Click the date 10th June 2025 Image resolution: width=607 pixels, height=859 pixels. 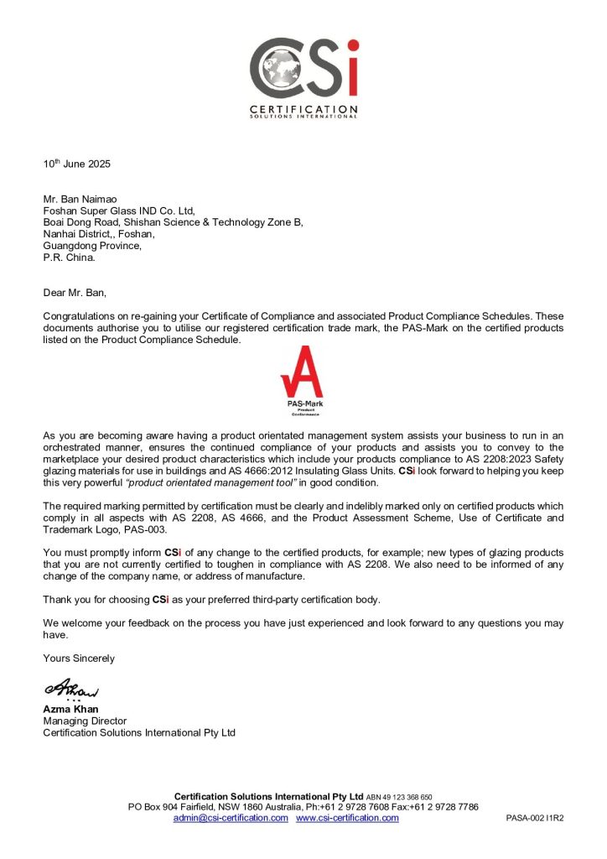[x=77, y=164]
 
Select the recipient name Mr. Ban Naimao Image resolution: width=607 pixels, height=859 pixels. [x=82, y=200]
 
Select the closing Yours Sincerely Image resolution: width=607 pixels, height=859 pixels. [x=79, y=659]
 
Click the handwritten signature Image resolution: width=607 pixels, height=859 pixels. [x=71, y=689]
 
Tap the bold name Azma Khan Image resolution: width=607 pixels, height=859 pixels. [x=70, y=709]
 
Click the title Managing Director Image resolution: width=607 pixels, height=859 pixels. [x=85, y=721]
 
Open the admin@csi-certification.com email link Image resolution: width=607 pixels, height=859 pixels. [x=231, y=818]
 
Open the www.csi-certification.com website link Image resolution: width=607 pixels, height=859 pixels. [x=347, y=818]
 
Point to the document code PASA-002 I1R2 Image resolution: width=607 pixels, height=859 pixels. [x=534, y=819]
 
